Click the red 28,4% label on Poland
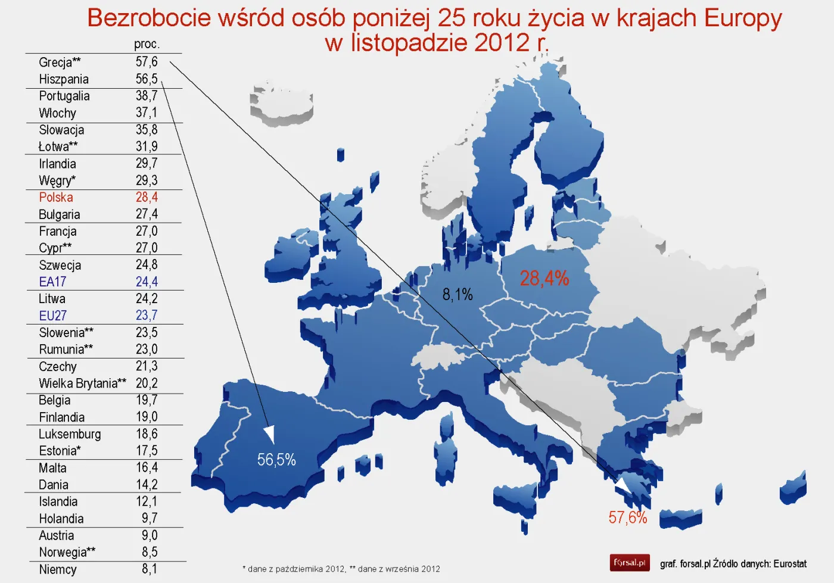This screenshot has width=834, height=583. [x=544, y=278]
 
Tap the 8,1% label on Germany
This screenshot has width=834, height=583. [x=457, y=294]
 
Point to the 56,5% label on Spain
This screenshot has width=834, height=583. [x=276, y=460]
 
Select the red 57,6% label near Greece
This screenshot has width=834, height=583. [x=627, y=517]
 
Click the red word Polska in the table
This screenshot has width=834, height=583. [x=56, y=197]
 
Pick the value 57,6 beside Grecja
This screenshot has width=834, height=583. [x=147, y=62]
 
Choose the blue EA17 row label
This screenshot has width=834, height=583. [x=52, y=282]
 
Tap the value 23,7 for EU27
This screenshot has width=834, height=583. [x=147, y=316]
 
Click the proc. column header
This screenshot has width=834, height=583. [x=147, y=44]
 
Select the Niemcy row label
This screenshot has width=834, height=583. [x=58, y=569]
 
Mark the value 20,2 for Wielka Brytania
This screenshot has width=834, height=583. [x=147, y=383]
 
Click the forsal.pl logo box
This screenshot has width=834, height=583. [x=630, y=563]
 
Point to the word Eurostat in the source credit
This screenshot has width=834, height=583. [x=790, y=563]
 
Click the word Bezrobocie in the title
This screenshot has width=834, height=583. [x=148, y=18]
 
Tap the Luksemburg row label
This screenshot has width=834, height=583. [x=70, y=434]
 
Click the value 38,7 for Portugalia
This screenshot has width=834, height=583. [x=147, y=96]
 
